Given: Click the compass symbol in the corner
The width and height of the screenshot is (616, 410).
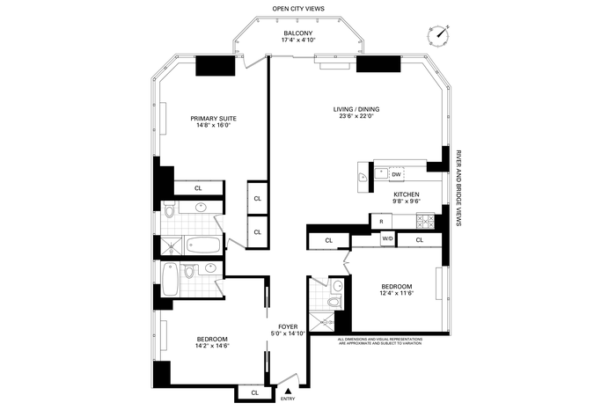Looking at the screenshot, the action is [x=438, y=35].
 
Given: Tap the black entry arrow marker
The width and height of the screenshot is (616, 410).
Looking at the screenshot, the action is [x=288, y=391].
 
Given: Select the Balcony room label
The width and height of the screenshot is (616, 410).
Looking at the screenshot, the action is [x=298, y=33].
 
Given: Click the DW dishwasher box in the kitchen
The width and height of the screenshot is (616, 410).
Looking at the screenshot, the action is [x=396, y=174].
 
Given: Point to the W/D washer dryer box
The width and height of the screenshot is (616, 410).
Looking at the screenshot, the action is [x=388, y=238].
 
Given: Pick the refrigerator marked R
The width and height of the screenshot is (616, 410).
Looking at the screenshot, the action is [x=381, y=222].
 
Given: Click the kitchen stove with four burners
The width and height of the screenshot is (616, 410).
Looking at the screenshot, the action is [x=425, y=221].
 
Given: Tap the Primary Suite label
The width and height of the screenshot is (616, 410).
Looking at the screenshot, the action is [x=213, y=118].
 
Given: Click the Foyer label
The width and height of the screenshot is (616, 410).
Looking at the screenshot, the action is [x=288, y=326].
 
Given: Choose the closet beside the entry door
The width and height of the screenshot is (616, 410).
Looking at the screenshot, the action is [x=254, y=392].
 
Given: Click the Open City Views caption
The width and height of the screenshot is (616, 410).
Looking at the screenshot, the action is [x=298, y=8].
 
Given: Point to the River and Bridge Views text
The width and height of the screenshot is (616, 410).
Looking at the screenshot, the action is [x=458, y=187].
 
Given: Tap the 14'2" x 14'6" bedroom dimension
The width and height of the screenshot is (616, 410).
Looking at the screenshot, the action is [x=212, y=346].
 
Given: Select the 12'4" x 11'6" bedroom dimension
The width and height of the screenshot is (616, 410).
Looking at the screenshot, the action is [x=397, y=293].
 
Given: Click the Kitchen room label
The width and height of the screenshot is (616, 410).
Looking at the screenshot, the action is [x=407, y=194].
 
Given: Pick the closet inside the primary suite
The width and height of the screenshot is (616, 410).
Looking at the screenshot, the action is [x=198, y=188].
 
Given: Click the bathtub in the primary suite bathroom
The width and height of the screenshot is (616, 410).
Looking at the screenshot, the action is [x=203, y=245].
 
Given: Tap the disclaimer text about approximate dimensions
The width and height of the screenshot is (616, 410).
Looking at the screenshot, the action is [x=380, y=340].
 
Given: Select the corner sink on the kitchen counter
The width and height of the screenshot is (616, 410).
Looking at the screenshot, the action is [x=363, y=178].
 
